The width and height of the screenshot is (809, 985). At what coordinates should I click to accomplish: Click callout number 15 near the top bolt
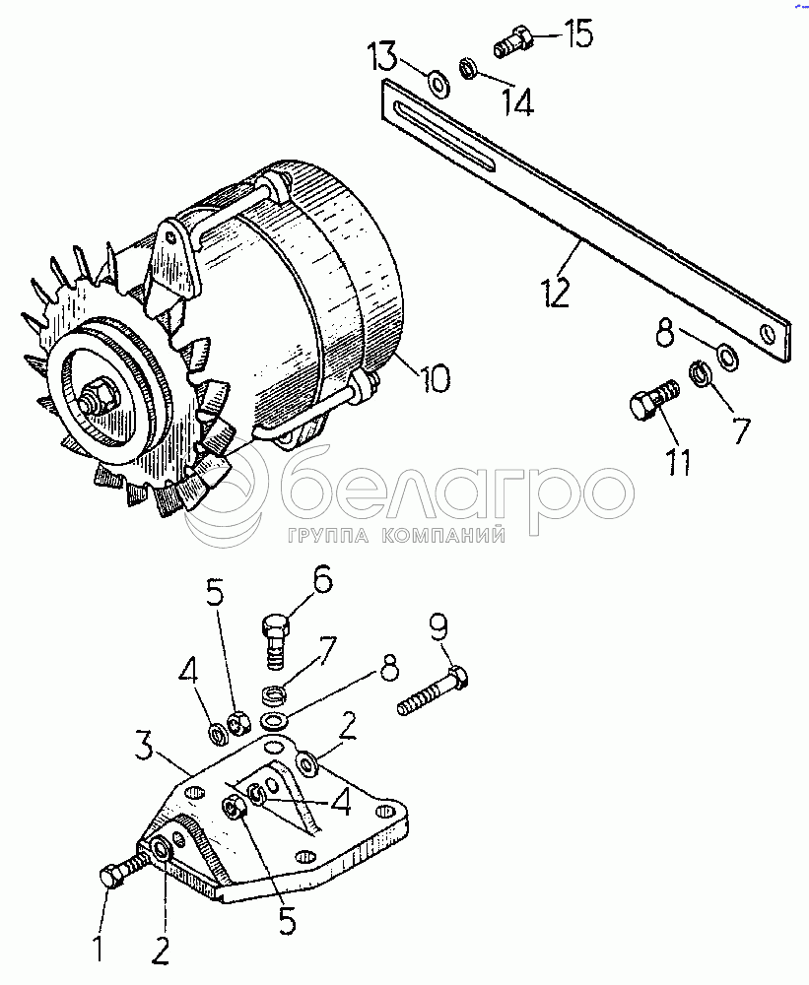[577, 34]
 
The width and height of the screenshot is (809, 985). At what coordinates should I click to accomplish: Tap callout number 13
[382, 55]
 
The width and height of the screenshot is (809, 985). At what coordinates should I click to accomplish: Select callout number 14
[518, 101]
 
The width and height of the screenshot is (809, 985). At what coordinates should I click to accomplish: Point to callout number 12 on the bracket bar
[556, 292]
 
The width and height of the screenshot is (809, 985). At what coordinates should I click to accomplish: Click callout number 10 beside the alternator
[435, 379]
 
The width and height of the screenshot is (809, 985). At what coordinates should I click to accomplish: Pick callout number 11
[679, 462]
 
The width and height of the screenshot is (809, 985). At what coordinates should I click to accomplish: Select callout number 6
[322, 581]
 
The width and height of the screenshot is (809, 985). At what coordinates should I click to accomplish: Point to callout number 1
[98, 948]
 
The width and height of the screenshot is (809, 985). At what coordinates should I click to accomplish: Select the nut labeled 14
[467, 68]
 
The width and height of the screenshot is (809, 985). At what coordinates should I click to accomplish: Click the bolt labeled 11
[653, 402]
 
